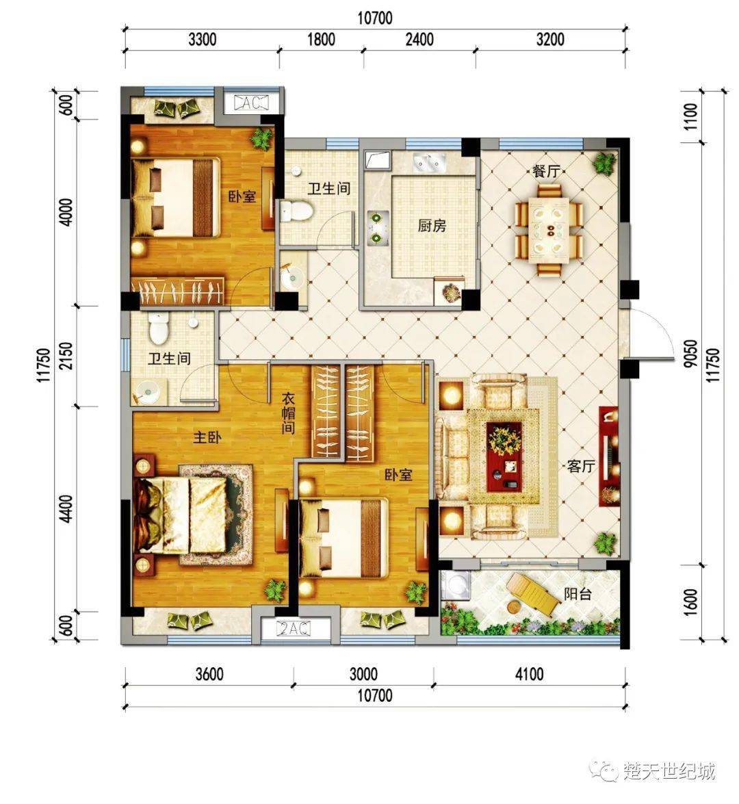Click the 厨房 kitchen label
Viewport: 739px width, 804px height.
tap(432, 226)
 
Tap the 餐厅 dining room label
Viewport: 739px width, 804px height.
tap(547, 171)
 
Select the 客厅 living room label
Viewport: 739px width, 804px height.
tap(581, 466)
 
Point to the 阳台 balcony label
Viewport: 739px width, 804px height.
tap(578, 594)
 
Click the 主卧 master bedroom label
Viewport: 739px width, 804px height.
tap(207, 437)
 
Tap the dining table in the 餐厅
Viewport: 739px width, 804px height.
tap(549, 230)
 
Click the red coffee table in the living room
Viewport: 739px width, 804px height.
tap(504, 456)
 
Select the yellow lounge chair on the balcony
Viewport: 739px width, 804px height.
tap(531, 594)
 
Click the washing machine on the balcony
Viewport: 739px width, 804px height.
tap(456, 585)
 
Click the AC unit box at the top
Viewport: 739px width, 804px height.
tap(250, 103)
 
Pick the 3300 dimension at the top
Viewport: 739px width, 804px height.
tap(202, 40)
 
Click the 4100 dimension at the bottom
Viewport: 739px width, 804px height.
tap(529, 674)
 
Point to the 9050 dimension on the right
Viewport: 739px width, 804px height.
tap(691, 353)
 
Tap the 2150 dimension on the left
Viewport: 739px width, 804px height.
tap(66, 356)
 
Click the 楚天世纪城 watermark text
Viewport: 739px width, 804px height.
tap(669, 770)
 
